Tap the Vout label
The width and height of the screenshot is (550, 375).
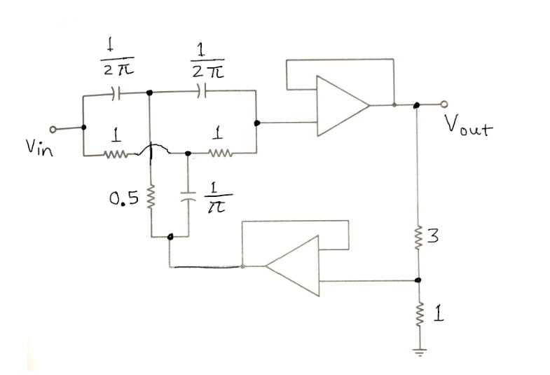pyautogui.click(x=467, y=128)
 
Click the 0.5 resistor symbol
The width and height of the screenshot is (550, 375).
pyautogui.click(x=151, y=198)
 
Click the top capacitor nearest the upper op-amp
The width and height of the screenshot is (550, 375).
pyautogui.click(x=202, y=91)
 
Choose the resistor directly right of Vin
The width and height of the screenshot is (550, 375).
pyautogui.click(x=114, y=151)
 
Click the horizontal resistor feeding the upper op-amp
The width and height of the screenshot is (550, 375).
pyautogui.click(x=219, y=151)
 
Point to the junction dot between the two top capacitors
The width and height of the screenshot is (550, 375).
pyautogui.click(x=149, y=91)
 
